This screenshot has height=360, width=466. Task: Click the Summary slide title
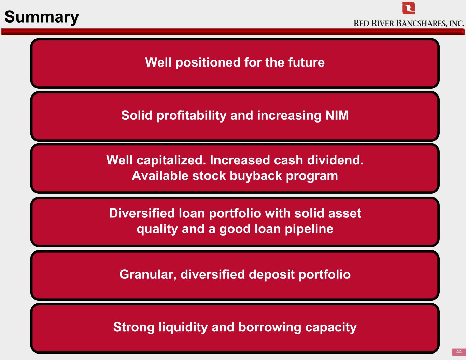[x=42, y=17]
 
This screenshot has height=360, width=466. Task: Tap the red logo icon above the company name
[x=408, y=8]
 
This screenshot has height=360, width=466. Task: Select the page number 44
[x=459, y=352]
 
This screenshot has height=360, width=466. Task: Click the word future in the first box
[x=306, y=62]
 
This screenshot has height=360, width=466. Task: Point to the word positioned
[x=208, y=63]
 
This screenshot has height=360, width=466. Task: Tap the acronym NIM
[x=337, y=115]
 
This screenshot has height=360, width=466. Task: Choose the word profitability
[x=191, y=116]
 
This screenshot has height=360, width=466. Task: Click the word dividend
[x=335, y=160]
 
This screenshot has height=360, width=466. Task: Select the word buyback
[x=256, y=176]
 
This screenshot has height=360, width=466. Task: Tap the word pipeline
[x=309, y=229]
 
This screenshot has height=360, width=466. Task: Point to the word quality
[x=157, y=229]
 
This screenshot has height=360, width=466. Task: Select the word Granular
[x=148, y=274]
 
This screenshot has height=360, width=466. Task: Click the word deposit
[x=271, y=275]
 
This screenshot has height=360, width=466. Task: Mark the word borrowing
[x=270, y=328]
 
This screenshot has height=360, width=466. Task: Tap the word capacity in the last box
[x=331, y=328]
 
